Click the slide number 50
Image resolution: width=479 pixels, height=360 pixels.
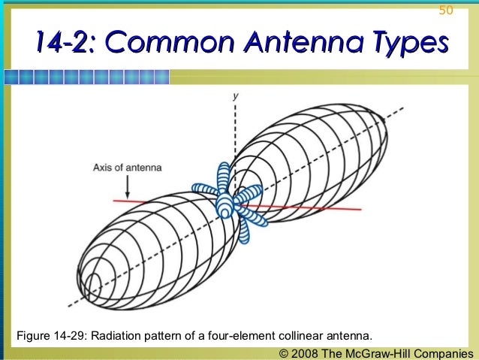pos(446,11)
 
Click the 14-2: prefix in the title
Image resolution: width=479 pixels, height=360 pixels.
pos(62,44)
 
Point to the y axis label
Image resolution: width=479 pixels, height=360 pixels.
pos(236,96)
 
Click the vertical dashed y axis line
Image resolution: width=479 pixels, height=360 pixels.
pos(236,132)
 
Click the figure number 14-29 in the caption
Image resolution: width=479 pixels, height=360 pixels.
pos(72,334)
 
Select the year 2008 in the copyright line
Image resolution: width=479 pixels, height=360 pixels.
pos(306,352)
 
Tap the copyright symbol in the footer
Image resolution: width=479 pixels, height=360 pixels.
pos(284,352)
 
